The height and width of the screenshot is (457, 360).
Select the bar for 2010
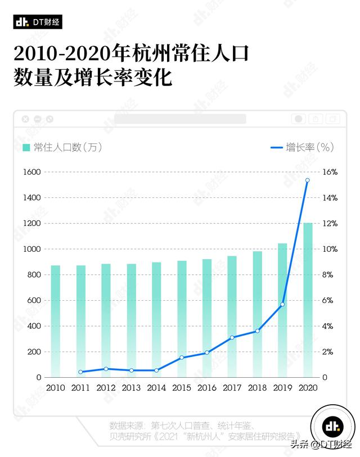click(x=55, y=321)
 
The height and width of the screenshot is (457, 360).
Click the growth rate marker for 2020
click(x=307, y=180)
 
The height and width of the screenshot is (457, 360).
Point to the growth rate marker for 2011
click(x=80, y=372)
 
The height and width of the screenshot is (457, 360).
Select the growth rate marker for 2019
click(x=282, y=304)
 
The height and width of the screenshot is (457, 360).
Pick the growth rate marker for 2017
click(x=232, y=337)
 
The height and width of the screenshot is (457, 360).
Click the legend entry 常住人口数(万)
click(x=62, y=147)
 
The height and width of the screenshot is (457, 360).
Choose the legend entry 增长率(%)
click(x=303, y=147)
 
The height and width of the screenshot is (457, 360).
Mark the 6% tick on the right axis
click(x=329, y=301)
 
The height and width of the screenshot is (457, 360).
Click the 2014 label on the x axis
click(x=156, y=388)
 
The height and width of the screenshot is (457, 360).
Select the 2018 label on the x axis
click(x=257, y=388)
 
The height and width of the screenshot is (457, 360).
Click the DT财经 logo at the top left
click(x=38, y=22)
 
